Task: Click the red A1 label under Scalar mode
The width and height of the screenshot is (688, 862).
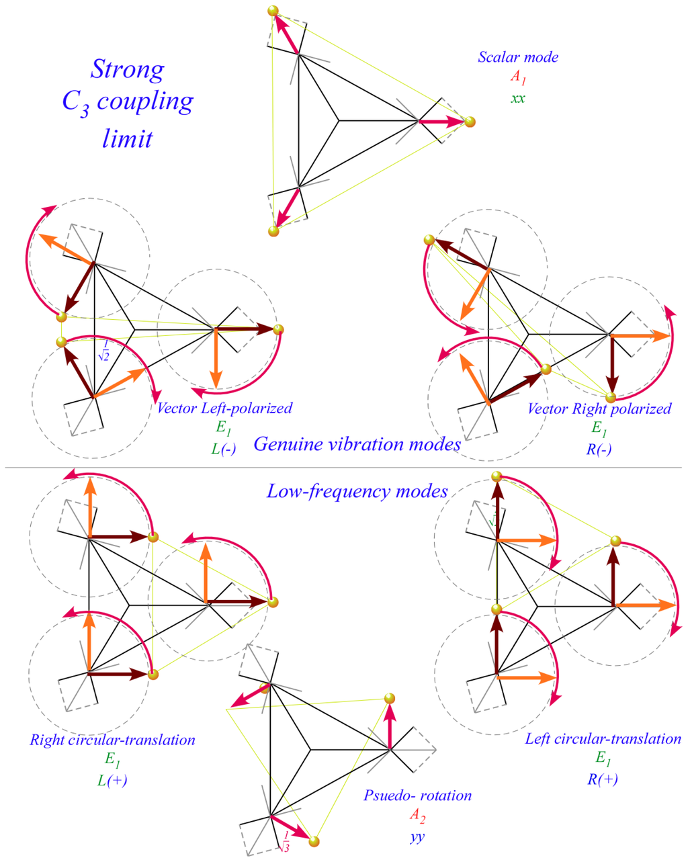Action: point(517,78)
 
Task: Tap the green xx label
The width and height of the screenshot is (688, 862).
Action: point(517,98)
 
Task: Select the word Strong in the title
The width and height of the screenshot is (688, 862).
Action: point(127,69)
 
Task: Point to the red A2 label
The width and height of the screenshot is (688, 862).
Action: point(417,816)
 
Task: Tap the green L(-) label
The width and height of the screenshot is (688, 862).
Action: point(224,449)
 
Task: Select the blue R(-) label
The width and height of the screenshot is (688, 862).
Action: point(599,449)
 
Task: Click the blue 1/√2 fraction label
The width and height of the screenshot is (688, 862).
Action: point(103,351)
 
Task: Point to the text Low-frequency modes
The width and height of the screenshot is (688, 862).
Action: point(357,491)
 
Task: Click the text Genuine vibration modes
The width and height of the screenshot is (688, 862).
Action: point(357,444)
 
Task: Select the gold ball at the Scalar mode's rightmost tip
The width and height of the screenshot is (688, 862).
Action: point(470,122)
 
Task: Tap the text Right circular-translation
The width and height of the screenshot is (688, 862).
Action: point(112,740)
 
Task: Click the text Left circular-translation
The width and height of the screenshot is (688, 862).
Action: point(603,739)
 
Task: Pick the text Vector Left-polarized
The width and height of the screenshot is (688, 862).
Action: point(224,408)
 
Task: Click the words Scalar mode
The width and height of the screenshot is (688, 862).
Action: point(517,57)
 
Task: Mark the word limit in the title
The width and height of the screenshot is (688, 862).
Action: point(127,138)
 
